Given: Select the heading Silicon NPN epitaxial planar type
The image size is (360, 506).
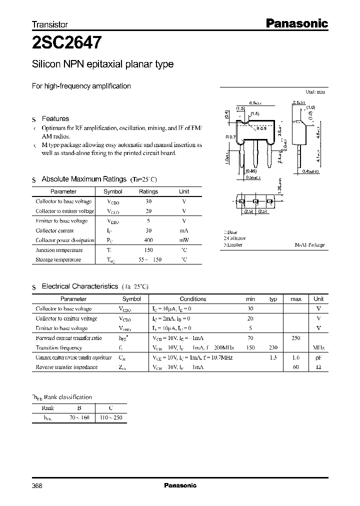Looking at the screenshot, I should [102, 64].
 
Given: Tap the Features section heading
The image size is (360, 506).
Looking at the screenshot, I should [55, 119].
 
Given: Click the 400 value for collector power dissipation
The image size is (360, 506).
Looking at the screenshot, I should [148, 240].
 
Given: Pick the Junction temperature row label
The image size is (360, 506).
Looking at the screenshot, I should [59, 250].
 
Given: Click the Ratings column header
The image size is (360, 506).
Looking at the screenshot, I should [148, 191].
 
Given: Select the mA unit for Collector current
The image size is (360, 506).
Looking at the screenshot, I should [184, 230].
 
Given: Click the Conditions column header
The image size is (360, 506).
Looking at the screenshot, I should [192, 299].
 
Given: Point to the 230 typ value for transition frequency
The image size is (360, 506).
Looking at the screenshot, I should [273, 347].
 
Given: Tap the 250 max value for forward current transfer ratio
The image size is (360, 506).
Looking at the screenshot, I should [295, 338].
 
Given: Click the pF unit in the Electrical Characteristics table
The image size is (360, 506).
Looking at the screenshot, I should [318, 357].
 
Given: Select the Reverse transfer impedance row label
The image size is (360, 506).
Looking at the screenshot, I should [66, 367].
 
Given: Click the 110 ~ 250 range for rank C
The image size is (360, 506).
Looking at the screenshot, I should [111, 417].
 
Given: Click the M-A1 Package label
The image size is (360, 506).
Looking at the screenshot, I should [309, 245].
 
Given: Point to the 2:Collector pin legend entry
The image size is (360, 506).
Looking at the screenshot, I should [234, 238].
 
